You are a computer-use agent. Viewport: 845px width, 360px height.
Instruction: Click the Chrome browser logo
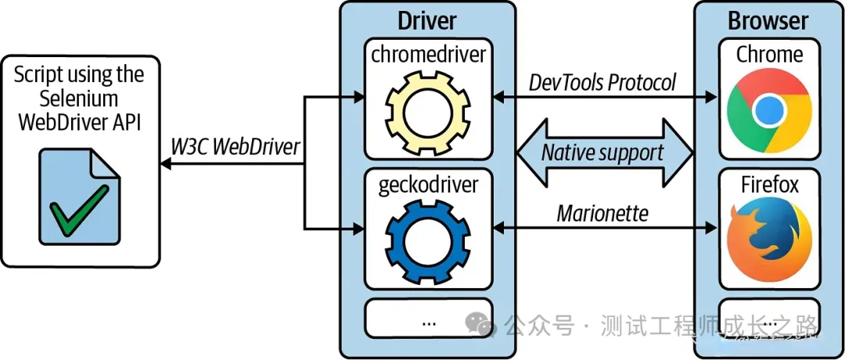769,112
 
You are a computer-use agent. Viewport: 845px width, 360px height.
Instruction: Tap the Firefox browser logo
769,240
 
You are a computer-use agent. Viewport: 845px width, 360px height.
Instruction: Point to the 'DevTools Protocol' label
602,83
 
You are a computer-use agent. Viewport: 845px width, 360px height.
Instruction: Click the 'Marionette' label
602,214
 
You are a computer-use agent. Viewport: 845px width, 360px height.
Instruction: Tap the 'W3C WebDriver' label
235,146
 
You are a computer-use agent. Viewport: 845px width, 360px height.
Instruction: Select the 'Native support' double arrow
604,153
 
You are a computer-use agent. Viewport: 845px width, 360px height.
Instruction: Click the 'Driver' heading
427,20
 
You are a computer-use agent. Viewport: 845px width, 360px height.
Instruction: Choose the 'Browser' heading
768,21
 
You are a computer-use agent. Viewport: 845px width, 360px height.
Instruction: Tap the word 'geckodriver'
429,185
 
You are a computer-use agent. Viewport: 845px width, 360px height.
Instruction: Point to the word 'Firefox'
770,185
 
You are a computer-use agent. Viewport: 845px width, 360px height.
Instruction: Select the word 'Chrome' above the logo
769,54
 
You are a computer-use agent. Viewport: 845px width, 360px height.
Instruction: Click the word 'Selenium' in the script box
78,98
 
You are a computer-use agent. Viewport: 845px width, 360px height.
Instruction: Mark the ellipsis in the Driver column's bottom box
430,322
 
